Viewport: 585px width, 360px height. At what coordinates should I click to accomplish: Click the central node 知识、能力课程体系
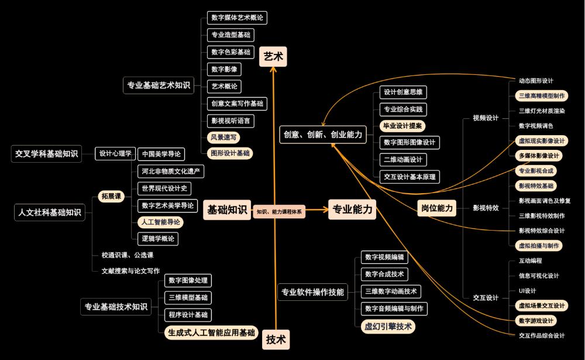(279, 212)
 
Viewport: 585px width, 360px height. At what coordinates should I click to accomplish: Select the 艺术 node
(273, 57)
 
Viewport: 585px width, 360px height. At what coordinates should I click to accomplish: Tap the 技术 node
(276, 339)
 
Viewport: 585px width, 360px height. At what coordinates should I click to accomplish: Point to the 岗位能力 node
(438, 208)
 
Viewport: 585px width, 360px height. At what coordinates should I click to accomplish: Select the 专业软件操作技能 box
(313, 292)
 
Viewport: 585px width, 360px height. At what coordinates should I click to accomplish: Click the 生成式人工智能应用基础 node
(212, 332)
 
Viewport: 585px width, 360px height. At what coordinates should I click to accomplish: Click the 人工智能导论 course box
(160, 222)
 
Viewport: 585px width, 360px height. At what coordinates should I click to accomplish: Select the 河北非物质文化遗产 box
(171, 172)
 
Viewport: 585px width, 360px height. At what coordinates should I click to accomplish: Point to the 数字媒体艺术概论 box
(237, 18)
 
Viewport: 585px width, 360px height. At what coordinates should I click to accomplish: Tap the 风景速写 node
(224, 138)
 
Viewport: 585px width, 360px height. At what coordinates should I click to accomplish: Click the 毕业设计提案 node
(403, 125)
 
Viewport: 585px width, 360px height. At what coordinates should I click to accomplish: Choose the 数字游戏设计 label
(536, 321)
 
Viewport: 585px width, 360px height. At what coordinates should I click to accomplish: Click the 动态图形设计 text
(536, 81)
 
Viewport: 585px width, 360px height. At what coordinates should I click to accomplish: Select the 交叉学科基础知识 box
(47, 153)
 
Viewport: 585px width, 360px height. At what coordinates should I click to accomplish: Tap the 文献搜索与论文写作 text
(130, 271)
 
